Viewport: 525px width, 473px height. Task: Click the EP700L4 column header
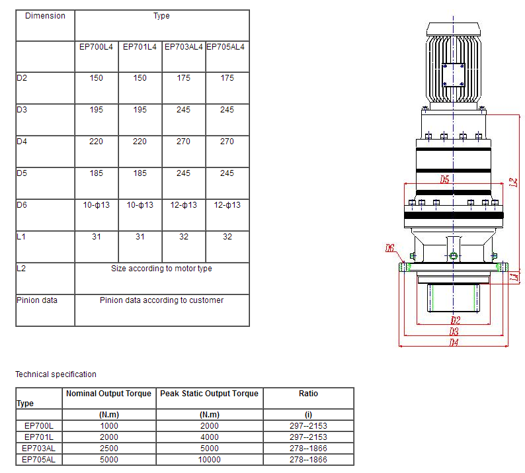(x=97, y=47)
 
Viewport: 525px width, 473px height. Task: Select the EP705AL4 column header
(x=227, y=47)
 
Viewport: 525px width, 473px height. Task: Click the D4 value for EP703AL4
(x=184, y=142)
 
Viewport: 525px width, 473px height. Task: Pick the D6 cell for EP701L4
(x=140, y=205)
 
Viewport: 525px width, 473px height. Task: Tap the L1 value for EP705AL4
(x=227, y=237)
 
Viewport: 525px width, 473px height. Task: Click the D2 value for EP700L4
(x=97, y=78)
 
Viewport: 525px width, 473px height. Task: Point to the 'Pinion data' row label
(x=37, y=300)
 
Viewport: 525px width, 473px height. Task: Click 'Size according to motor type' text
(x=161, y=269)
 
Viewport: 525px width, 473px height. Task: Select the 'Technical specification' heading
(x=56, y=374)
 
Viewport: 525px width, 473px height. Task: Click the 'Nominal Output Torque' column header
(x=109, y=394)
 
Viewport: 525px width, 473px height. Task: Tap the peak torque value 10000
(x=209, y=459)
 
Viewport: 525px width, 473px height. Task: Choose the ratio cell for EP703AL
(x=308, y=449)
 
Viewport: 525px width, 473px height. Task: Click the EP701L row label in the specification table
(x=38, y=437)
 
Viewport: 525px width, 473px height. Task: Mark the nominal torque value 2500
(x=109, y=449)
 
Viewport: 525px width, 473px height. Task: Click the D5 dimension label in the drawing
(x=444, y=179)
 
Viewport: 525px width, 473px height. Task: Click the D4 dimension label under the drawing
(x=454, y=342)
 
